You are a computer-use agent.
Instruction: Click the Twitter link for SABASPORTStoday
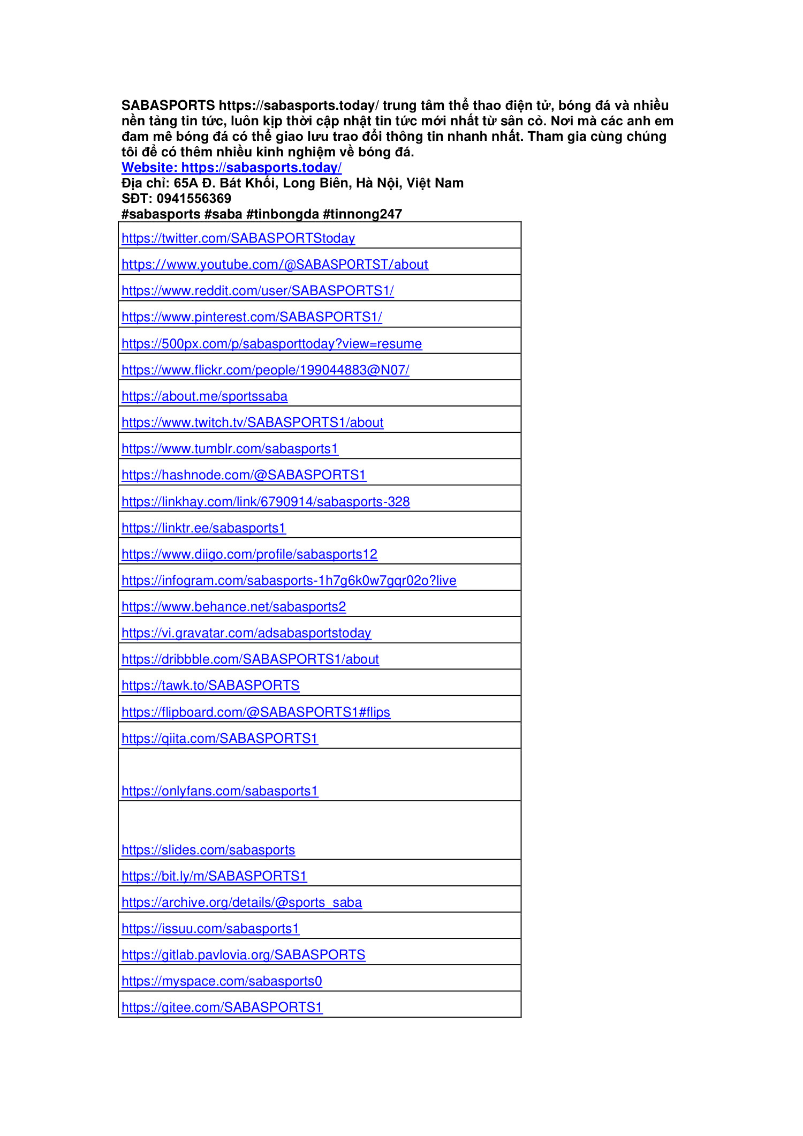[x=238, y=238]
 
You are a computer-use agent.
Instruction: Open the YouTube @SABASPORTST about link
[x=275, y=265]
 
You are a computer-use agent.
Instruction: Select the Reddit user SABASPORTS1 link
[x=257, y=291]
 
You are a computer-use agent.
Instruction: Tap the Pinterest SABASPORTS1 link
[x=252, y=317]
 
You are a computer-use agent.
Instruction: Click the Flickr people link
[x=266, y=370]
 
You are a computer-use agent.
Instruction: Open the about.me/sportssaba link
[x=204, y=396]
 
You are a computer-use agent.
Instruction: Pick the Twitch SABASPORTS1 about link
[x=252, y=423]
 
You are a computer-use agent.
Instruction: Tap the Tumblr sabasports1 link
[x=230, y=449]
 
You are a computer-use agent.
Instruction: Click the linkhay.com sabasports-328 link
[x=266, y=502]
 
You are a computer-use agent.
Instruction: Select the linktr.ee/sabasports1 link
[x=203, y=528]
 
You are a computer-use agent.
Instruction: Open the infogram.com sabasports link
[x=289, y=581]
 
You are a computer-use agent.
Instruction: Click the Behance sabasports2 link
[x=233, y=607]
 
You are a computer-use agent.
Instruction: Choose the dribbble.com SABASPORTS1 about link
[x=250, y=659]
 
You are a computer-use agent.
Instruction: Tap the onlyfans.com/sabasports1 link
[x=219, y=791]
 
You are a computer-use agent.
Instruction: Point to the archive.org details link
[x=241, y=902]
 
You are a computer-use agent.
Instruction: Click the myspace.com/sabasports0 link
[x=222, y=981]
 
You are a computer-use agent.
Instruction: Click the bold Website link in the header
[x=231, y=168]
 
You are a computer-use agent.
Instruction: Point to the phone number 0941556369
[x=194, y=199]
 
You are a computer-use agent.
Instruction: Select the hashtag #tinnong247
[x=362, y=214]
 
